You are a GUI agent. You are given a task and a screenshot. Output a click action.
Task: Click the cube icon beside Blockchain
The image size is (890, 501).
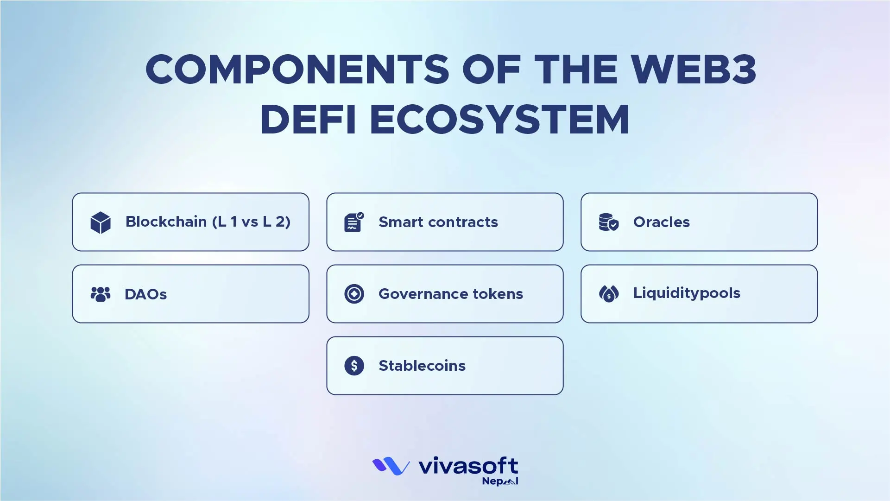tap(101, 222)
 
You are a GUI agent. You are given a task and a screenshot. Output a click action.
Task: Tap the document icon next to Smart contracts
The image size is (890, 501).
tap(354, 222)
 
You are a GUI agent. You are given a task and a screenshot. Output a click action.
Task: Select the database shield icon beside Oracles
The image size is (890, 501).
tap(608, 222)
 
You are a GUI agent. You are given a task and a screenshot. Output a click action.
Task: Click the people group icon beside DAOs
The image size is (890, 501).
tap(101, 294)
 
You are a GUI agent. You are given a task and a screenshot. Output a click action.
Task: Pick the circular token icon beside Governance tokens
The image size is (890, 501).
tap(354, 294)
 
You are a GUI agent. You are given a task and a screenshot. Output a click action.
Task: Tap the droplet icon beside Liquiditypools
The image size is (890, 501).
tap(608, 293)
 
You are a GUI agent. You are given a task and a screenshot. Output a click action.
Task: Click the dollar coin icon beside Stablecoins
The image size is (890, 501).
tap(354, 366)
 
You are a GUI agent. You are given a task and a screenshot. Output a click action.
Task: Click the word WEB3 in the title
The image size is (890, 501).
tap(693, 70)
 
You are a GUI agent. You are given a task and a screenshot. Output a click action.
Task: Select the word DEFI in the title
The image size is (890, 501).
tap(308, 120)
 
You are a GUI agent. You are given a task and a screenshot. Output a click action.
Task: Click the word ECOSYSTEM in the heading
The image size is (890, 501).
tap(499, 120)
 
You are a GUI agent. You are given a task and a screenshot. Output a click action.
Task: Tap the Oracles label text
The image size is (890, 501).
tap(661, 222)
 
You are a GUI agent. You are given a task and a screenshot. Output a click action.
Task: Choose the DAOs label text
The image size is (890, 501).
tap(145, 294)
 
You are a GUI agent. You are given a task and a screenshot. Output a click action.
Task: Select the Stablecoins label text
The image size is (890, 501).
tap(422, 366)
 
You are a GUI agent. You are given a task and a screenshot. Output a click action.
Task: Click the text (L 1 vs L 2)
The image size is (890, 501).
tap(251, 222)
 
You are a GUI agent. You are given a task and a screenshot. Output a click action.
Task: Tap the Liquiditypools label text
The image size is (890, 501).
tap(686, 293)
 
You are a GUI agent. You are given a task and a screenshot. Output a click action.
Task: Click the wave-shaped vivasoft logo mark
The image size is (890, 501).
tap(391, 466)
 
